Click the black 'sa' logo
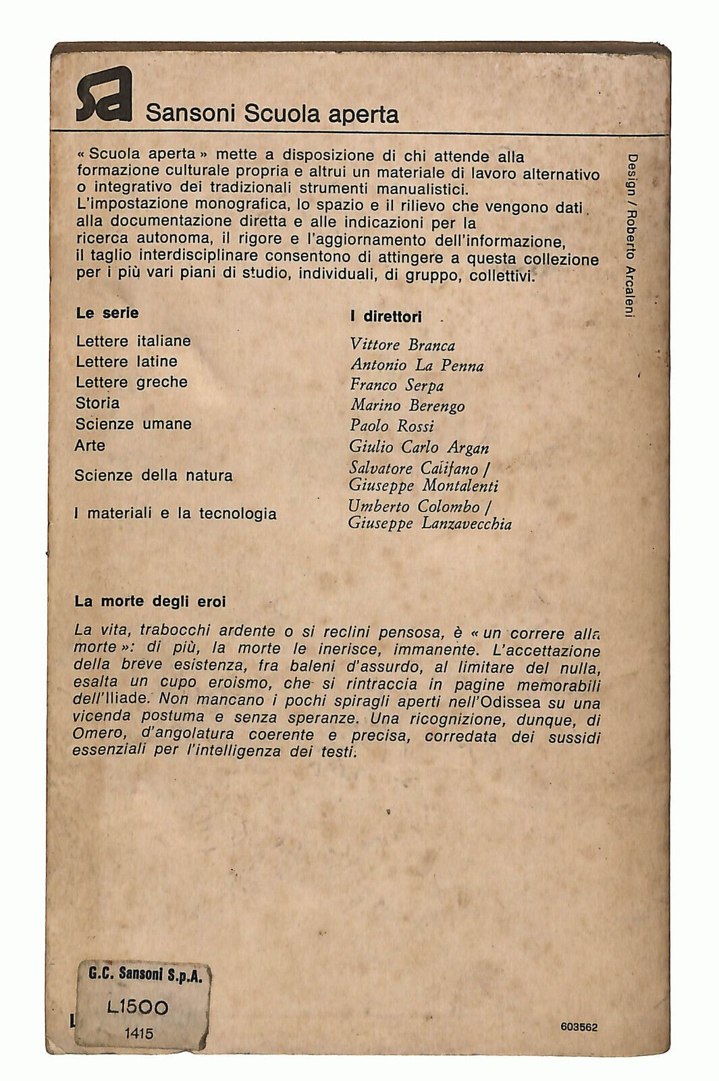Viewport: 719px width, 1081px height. coord(103,95)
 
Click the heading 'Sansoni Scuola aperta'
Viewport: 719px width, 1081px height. coord(272,114)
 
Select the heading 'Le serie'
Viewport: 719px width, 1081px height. coord(107,313)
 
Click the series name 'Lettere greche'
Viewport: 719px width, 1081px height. coord(132,382)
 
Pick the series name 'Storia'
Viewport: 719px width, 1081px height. coord(98,403)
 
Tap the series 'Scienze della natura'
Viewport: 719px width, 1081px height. coord(154,476)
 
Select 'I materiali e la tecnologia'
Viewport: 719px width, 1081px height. coord(176,513)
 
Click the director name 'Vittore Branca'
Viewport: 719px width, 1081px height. coord(402,345)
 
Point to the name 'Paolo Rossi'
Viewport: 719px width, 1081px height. coord(392,426)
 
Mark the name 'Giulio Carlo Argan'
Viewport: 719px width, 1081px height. coord(419,447)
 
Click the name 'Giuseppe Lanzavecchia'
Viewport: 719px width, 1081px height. coord(429,524)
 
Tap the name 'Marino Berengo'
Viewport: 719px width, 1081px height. coord(407,406)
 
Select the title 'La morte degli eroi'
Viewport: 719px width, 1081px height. coord(150,601)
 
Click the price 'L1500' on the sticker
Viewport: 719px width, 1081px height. coord(138,1008)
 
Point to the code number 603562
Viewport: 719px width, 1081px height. coord(579,1027)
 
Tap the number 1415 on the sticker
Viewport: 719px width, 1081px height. coord(138,1033)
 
